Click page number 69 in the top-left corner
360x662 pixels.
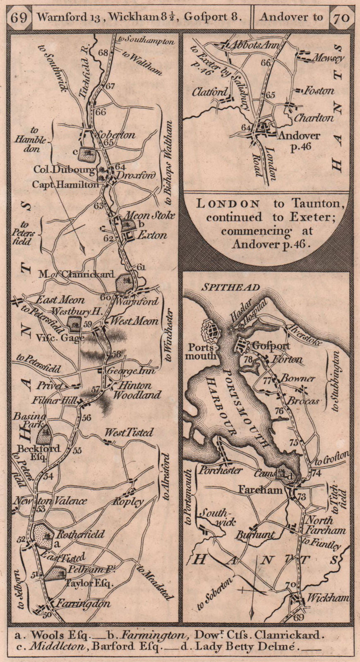20,17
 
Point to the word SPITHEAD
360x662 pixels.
230,288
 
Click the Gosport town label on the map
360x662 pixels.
271,345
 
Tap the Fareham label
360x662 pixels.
260,490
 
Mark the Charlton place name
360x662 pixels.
314,118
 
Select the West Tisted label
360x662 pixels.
128,433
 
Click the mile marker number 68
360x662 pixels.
103,53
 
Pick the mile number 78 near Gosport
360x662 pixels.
248,359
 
